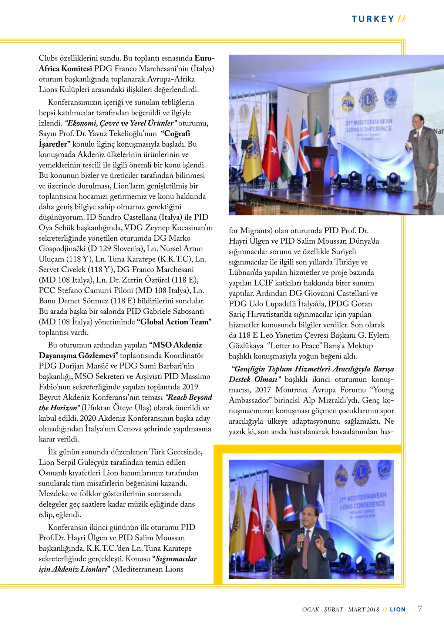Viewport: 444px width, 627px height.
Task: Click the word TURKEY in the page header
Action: click(x=373, y=19)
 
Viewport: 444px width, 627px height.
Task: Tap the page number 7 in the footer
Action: click(x=420, y=608)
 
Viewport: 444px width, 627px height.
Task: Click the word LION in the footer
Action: click(x=398, y=609)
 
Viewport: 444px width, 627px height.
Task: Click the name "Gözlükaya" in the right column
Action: click(x=246, y=346)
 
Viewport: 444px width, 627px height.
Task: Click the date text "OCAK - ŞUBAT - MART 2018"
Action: click(x=340, y=609)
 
